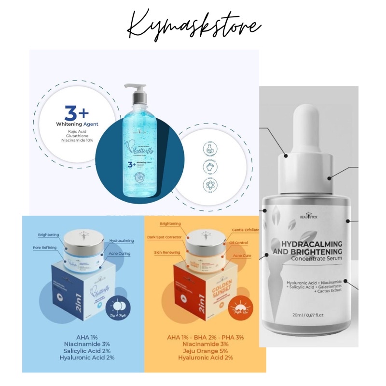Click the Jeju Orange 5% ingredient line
[x=205, y=351]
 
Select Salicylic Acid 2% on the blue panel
[x=83, y=351]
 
